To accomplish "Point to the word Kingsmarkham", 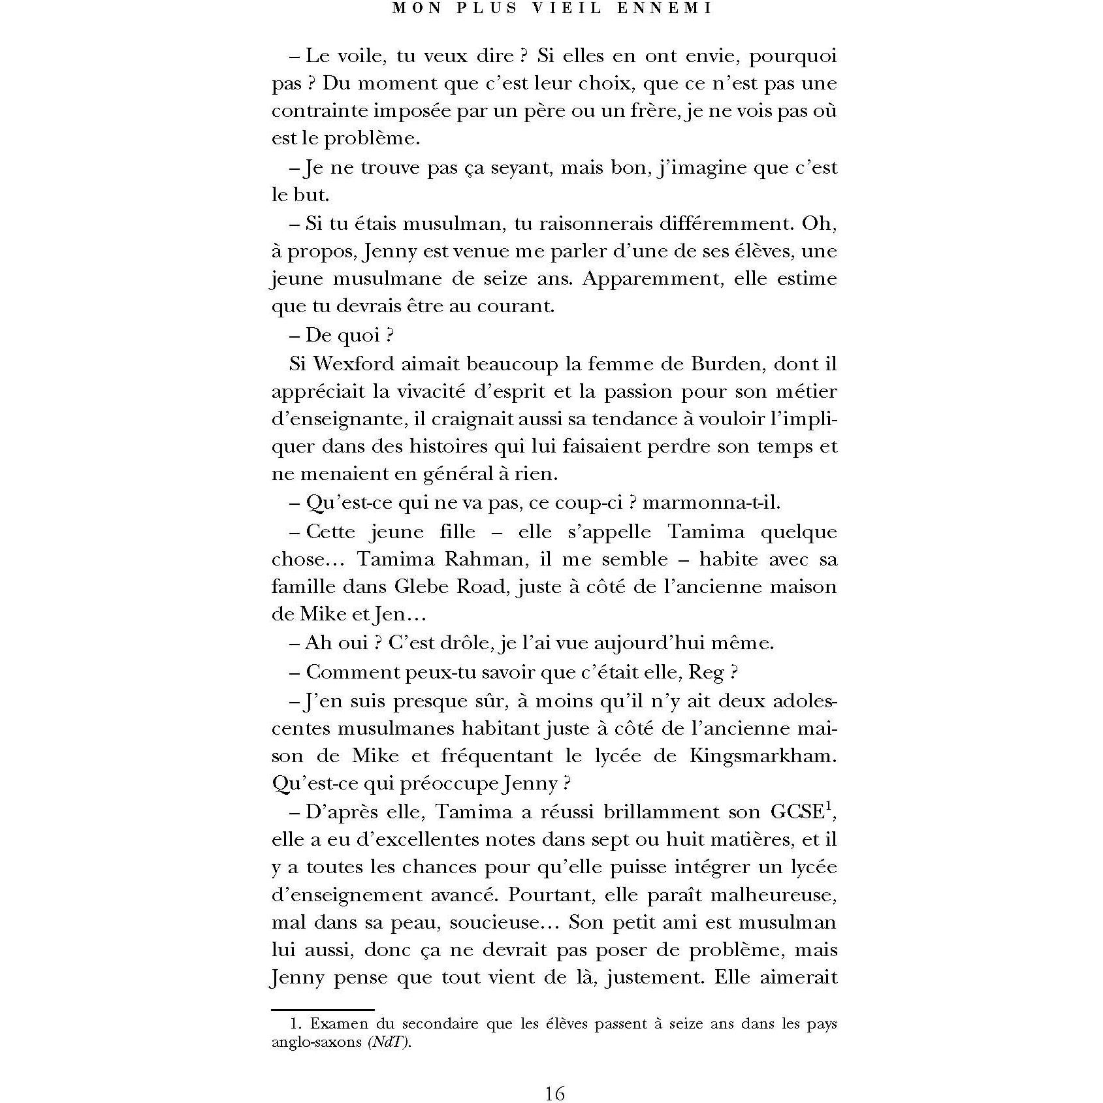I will coord(763,756).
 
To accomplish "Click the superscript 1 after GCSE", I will coord(827,806).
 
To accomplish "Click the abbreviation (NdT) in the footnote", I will coord(390,1042).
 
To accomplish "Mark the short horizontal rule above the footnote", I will coord(323,1010).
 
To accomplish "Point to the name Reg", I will coord(706,672).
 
